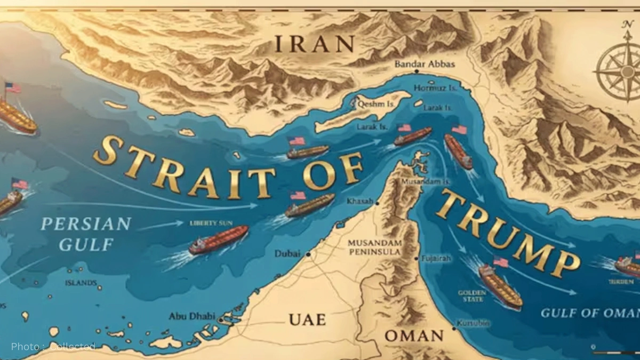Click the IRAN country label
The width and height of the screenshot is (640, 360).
314,44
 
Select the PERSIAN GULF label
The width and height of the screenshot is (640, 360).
85,234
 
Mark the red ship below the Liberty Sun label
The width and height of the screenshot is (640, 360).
219,240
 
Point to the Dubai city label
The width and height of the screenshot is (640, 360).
288,254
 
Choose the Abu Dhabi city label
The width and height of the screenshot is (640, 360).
192,316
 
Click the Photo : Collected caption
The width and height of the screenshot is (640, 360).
53,347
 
